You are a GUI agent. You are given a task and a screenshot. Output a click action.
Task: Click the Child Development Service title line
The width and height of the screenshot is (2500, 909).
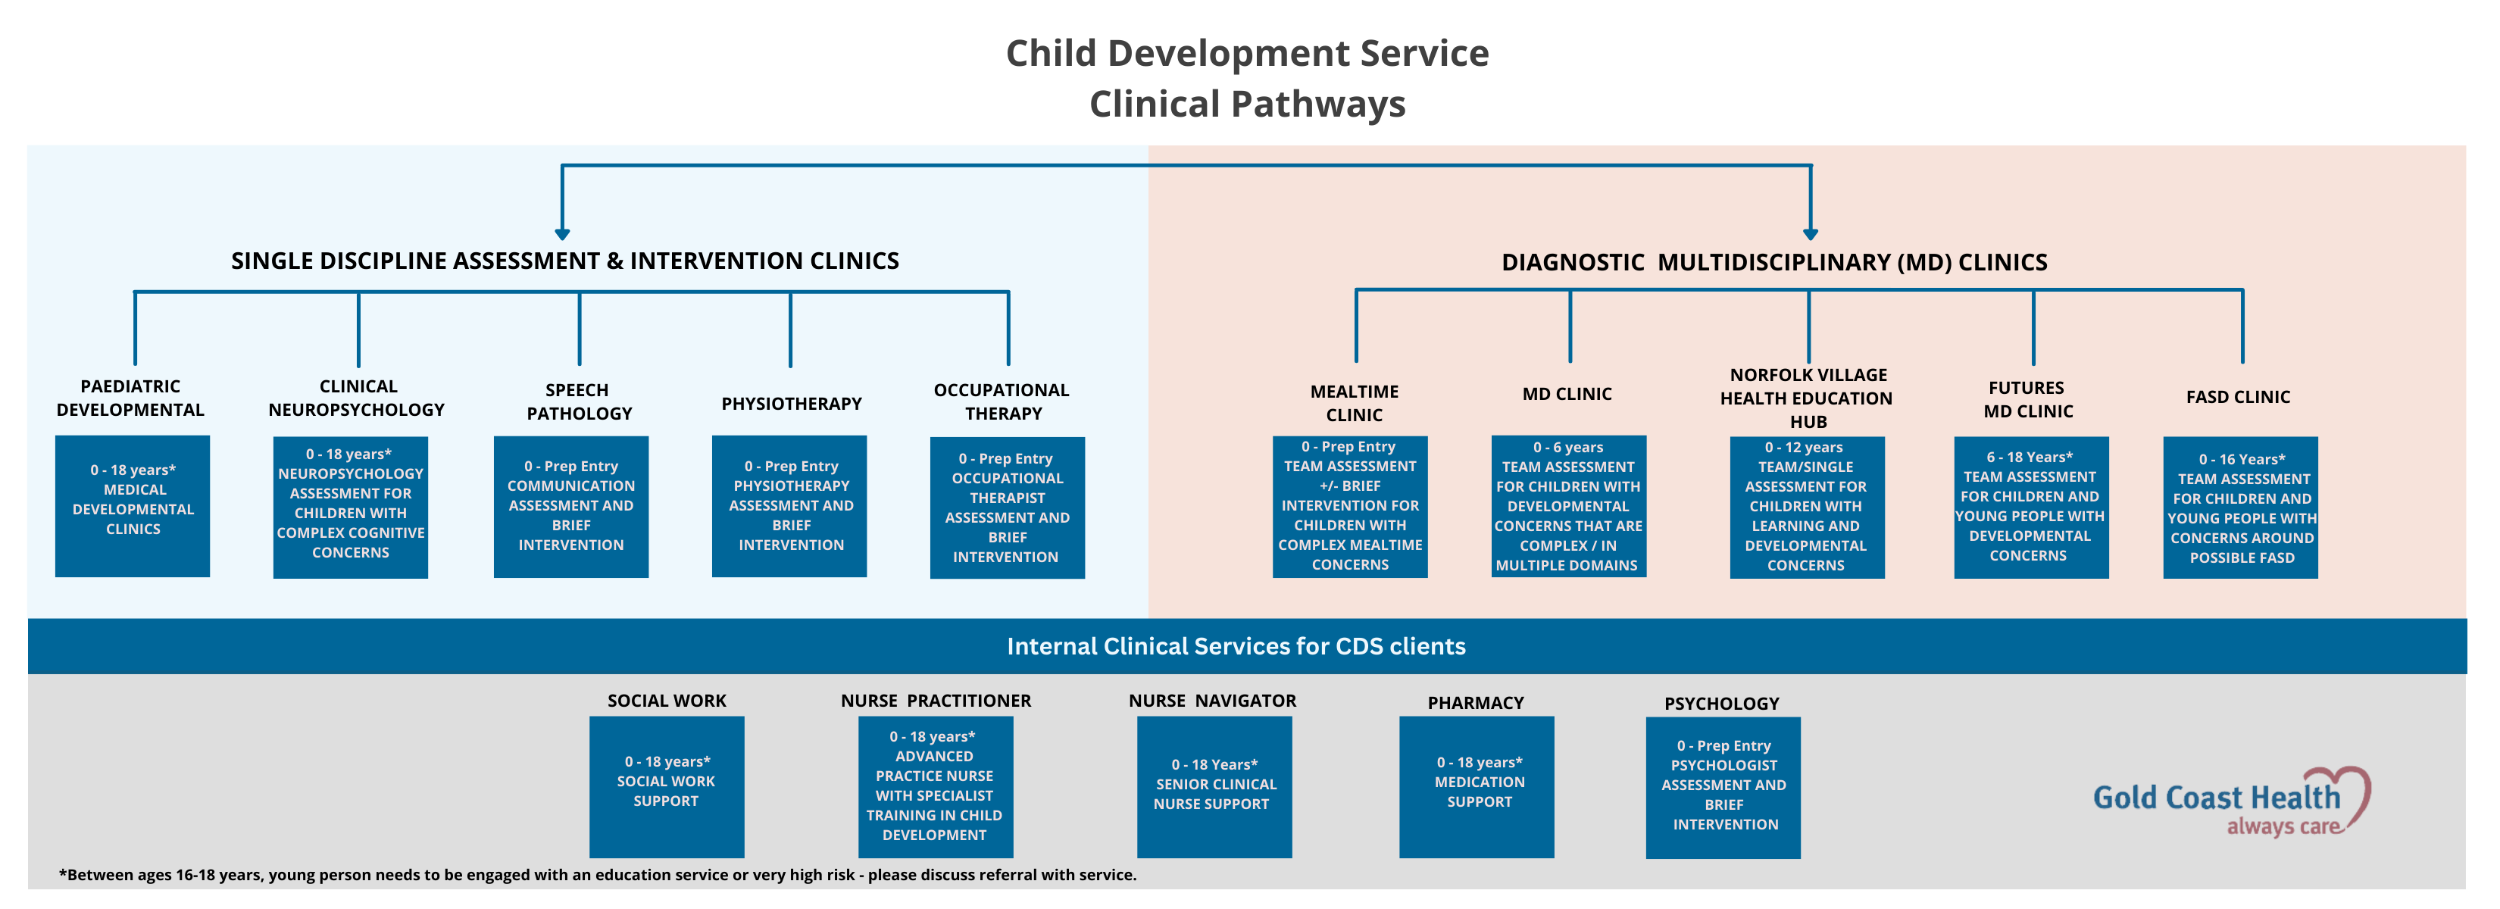pos(1247,53)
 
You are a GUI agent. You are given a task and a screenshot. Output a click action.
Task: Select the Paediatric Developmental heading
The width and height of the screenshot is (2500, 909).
pos(131,398)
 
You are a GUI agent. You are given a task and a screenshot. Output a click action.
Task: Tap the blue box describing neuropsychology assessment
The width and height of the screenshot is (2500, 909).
pos(350,507)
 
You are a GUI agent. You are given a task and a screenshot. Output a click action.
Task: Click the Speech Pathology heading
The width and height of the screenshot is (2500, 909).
pos(579,401)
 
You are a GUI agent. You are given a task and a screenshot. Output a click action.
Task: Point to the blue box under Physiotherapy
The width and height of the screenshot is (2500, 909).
pos(790,507)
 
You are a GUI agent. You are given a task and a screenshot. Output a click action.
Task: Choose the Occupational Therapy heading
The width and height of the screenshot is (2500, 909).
pos(1002,401)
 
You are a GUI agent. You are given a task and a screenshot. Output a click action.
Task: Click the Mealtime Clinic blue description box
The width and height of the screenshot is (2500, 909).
pos(1350,507)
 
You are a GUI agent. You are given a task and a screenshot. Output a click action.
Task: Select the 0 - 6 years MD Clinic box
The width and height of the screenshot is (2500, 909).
pos(1568,507)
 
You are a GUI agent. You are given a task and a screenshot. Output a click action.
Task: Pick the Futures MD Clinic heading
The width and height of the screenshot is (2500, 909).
pos(2027,398)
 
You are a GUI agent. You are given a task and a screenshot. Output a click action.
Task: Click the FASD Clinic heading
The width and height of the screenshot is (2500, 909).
pos(2238,397)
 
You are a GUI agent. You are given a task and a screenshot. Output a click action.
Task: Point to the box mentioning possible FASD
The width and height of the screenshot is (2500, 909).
pos(2241,508)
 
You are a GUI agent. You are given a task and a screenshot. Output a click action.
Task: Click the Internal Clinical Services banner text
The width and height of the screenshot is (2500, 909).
pos(1236,646)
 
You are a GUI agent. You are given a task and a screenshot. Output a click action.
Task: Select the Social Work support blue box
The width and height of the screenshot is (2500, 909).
pos(667,786)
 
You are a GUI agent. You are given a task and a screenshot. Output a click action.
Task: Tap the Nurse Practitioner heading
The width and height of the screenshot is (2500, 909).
pos(936,701)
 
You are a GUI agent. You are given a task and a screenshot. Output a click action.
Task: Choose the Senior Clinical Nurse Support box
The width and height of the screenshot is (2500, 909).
pos(1214,786)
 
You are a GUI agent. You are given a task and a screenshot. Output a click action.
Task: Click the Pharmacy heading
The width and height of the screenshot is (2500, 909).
pos(1475,702)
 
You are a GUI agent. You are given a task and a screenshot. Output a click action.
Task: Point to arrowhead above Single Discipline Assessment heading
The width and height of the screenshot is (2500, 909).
pos(562,234)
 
